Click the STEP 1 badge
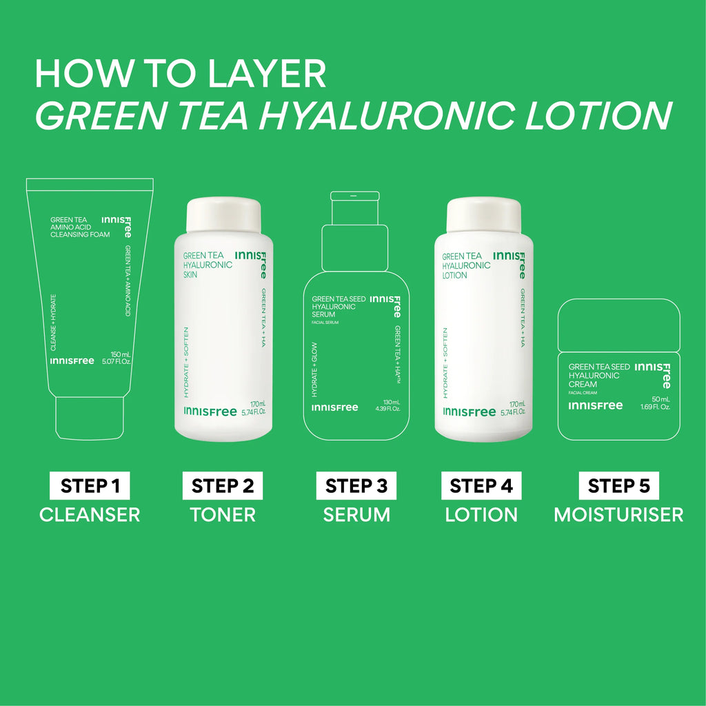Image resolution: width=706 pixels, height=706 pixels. point(90,485)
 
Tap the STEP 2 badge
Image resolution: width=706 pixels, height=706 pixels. point(223,485)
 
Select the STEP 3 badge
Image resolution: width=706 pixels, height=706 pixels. point(356,485)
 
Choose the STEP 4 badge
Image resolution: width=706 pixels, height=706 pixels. point(481,485)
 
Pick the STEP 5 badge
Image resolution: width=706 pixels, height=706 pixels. point(618,485)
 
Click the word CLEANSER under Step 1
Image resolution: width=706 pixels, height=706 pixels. point(90,514)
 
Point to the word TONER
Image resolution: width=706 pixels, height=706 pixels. point(223,514)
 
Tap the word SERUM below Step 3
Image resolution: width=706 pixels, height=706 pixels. point(356,514)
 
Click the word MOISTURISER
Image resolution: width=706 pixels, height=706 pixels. point(618,514)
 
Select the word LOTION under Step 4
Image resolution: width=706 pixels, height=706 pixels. point(481,514)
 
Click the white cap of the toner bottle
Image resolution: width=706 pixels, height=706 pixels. point(224,215)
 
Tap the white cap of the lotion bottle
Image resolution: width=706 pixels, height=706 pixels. point(483,215)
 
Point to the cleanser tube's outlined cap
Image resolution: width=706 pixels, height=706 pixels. point(90,418)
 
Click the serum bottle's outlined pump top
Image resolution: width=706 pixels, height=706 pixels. point(355,232)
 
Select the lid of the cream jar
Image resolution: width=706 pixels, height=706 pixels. point(619,325)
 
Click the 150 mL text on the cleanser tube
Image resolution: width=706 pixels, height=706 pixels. point(121,355)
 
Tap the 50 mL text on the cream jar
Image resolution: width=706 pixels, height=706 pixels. point(661,399)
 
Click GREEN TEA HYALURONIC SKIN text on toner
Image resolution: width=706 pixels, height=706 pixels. point(208,265)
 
